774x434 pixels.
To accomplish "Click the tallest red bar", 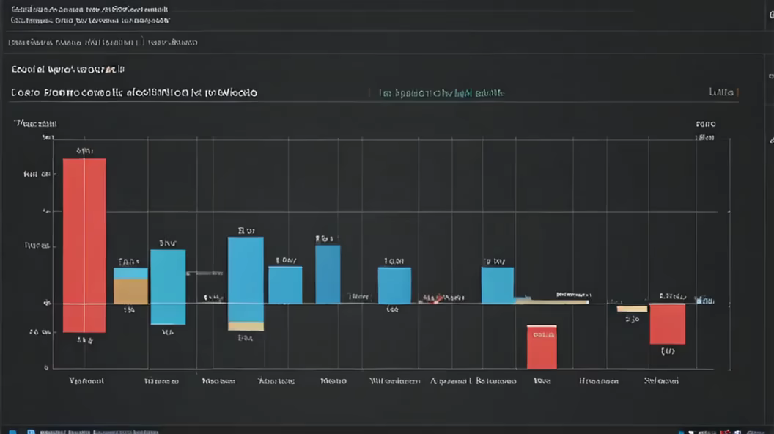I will coord(84,245).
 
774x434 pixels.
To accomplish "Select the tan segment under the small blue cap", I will coord(130,291).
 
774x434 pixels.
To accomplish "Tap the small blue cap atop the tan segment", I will coord(130,273).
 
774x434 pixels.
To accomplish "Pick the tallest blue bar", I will coord(246,279).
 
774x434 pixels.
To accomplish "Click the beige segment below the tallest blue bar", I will coord(246,326).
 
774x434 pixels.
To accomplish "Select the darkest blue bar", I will coord(328,274).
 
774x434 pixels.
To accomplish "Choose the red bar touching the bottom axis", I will coord(542,347).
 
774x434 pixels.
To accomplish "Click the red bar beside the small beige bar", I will coord(667,323).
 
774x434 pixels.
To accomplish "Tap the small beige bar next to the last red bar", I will coord(632,309).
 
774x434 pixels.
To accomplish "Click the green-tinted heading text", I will coord(441,93).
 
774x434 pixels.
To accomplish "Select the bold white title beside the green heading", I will coord(134,93).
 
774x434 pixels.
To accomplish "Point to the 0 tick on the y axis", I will coord(46,368).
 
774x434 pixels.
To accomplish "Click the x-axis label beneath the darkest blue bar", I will coord(333,381).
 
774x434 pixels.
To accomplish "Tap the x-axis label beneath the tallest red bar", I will coord(86,381).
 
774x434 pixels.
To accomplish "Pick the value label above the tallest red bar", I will coord(84,152).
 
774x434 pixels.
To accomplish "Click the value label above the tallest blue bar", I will coord(246,230).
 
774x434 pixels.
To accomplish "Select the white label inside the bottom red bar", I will coord(542,335).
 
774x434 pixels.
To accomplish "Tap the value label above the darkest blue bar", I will coord(325,238).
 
